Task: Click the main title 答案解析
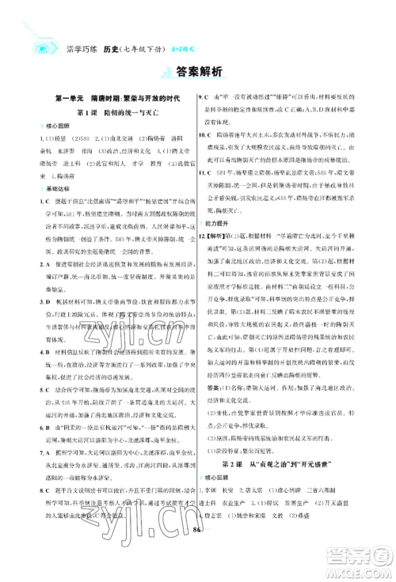click(198, 72)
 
